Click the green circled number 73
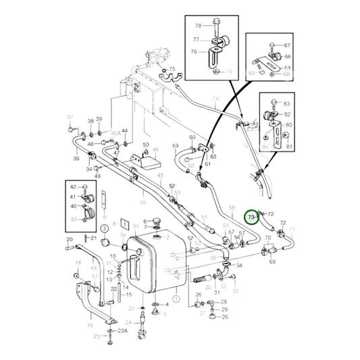[x=252, y=217]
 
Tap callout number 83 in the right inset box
[x=286, y=103]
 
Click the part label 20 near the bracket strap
[x=69, y=239]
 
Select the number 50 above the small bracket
[x=146, y=145]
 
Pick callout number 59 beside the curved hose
[x=176, y=145]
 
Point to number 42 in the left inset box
[x=73, y=187]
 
